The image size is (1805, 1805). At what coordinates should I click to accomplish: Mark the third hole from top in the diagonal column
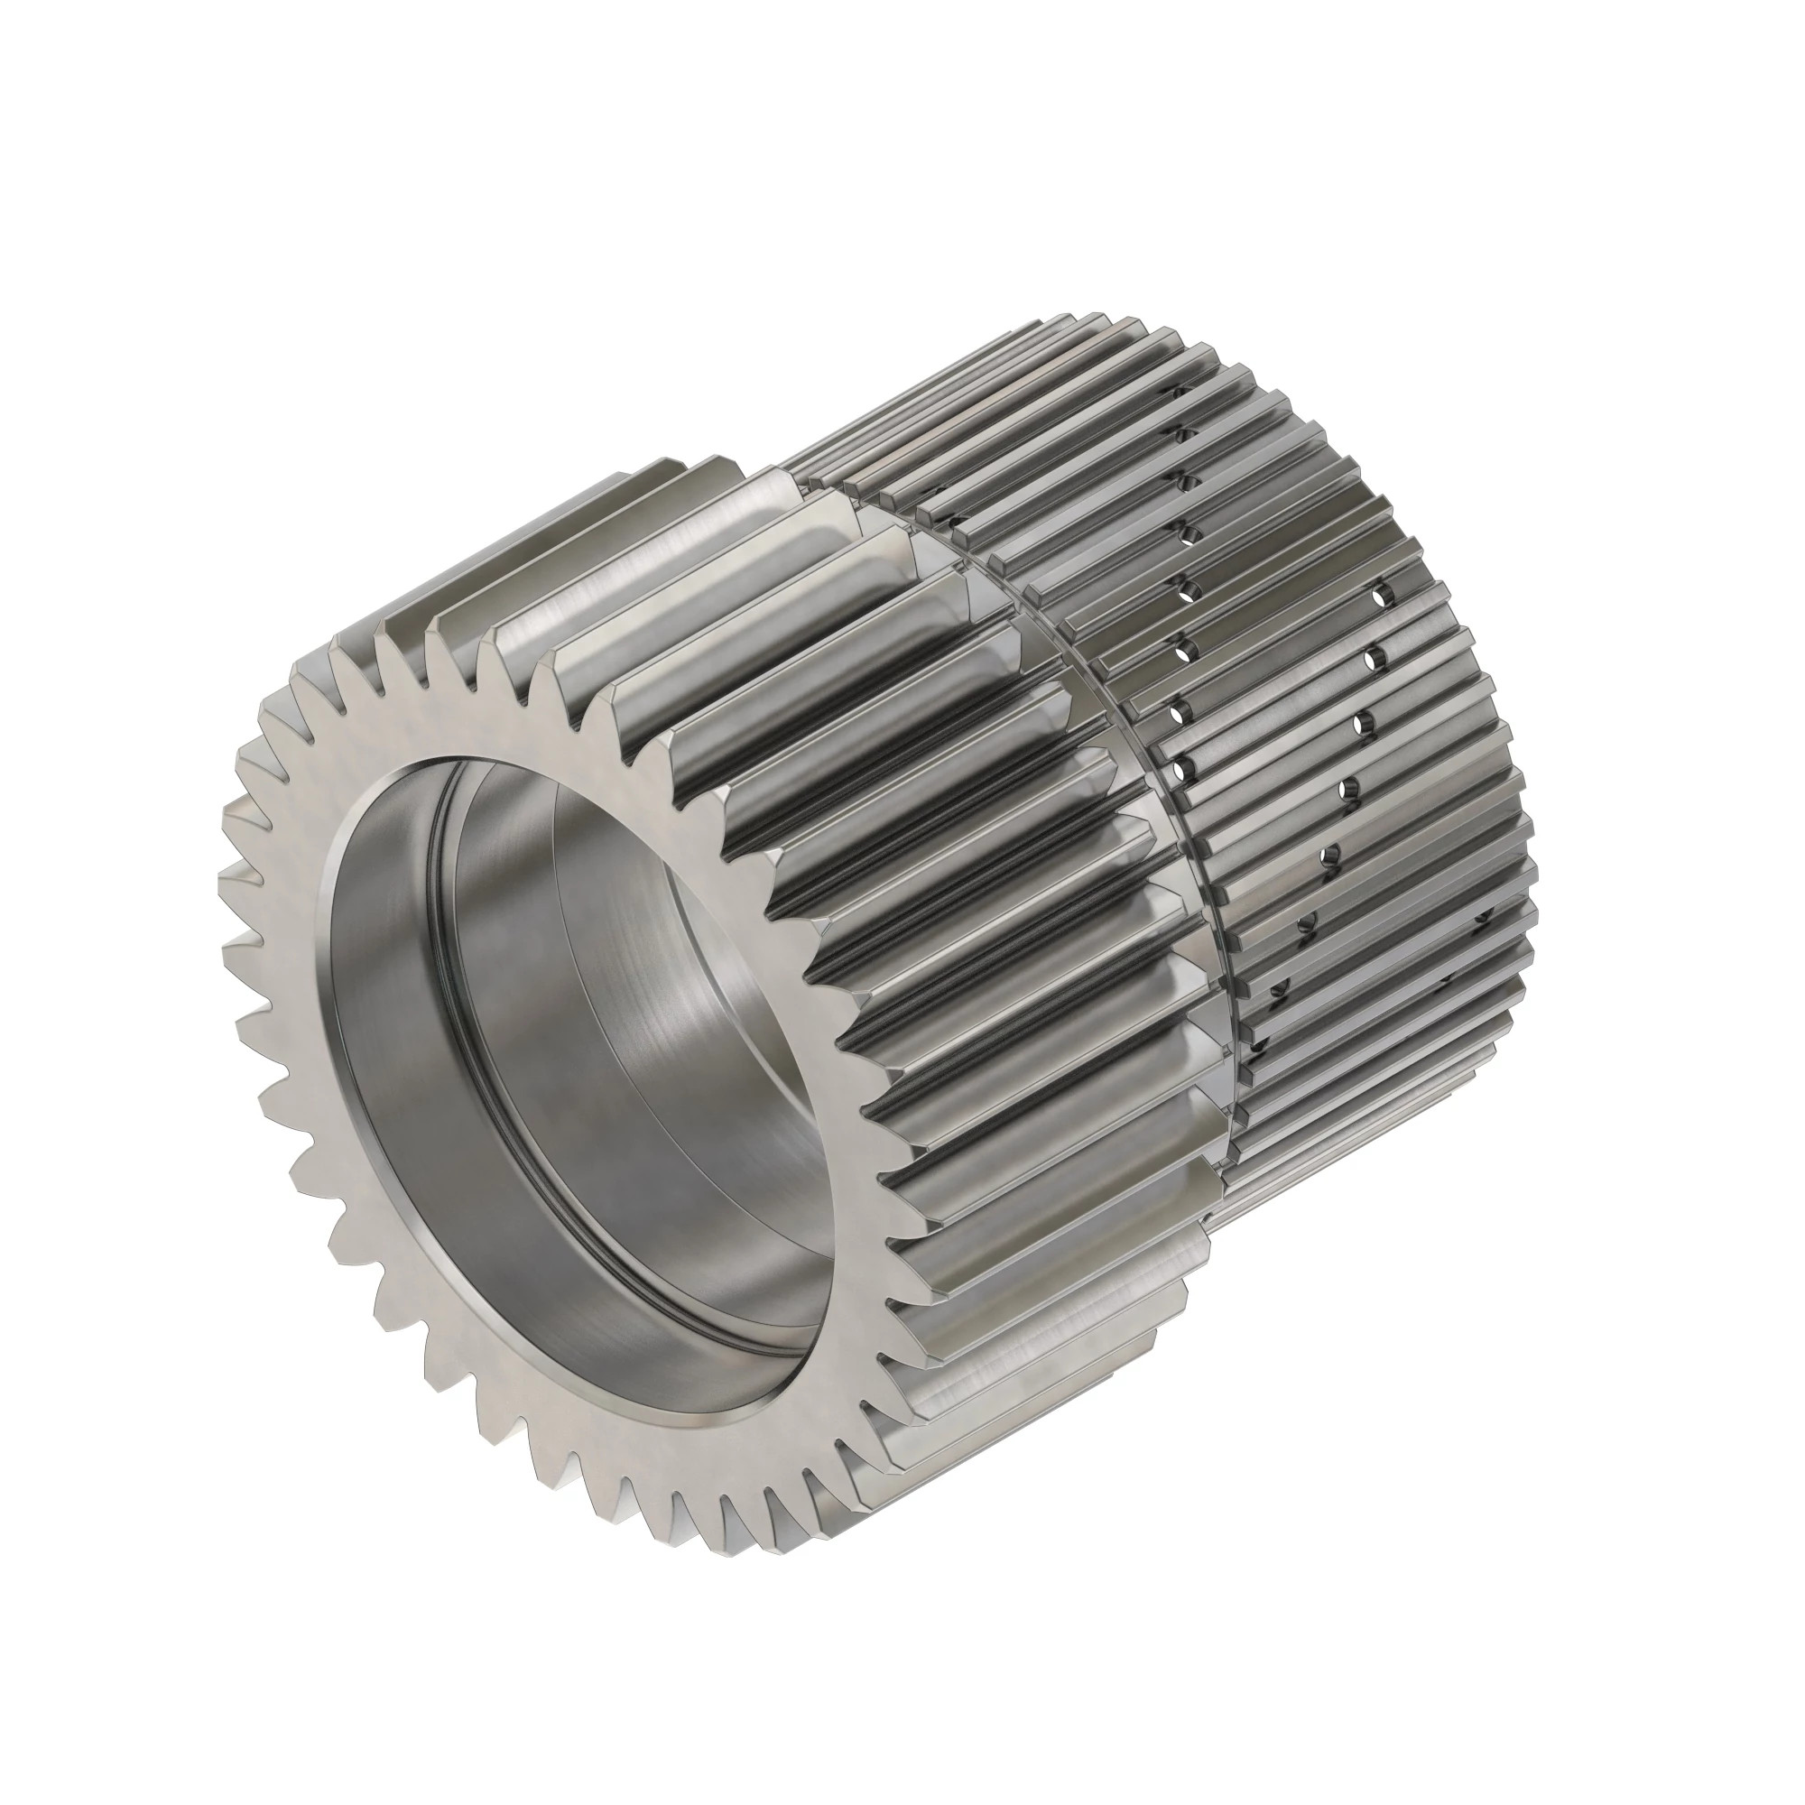(1364, 724)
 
